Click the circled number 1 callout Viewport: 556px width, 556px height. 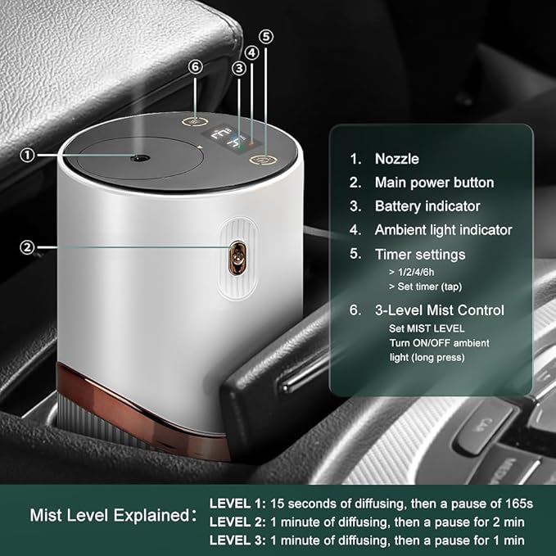coord(28,155)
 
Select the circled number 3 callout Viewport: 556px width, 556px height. coord(238,69)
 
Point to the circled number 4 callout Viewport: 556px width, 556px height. coord(252,52)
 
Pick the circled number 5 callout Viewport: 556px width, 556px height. coord(265,37)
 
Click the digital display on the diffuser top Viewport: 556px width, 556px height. coord(226,138)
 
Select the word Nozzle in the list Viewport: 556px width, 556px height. coord(397,159)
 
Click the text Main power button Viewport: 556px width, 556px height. coord(434,183)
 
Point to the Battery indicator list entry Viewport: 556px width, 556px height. coord(427,206)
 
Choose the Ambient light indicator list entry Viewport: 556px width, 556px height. coord(443,230)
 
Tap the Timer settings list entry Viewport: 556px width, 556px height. coord(419,255)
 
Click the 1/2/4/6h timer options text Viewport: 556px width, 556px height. coord(418,271)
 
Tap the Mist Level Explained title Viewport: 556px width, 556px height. coord(111,516)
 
